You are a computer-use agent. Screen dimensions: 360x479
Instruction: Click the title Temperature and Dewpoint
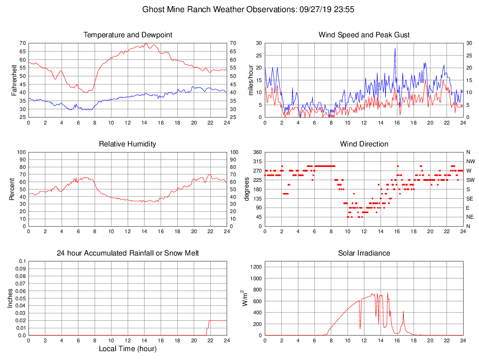pyautogui.click(x=128, y=35)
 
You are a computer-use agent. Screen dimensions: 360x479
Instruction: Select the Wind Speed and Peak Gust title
pyautogui.click(x=364, y=35)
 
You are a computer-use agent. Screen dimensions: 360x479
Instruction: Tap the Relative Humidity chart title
pyautogui.click(x=128, y=144)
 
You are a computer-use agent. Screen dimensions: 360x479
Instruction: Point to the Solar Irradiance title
pyautogui.click(x=364, y=253)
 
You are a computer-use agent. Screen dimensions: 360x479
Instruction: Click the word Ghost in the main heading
pyautogui.click(x=153, y=9)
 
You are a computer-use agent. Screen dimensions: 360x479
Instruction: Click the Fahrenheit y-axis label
pyautogui.click(x=14, y=80)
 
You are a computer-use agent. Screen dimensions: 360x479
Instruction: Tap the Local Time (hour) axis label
pyautogui.click(x=128, y=349)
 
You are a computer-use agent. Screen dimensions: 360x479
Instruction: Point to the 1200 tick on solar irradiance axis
pyautogui.click(x=256, y=267)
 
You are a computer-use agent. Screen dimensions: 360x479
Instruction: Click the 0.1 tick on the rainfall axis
pyautogui.click(x=22, y=261)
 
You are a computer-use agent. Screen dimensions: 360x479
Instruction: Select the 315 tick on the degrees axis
pyautogui.click(x=257, y=161)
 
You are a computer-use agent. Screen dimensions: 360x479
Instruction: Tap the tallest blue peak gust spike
pyautogui.click(x=395, y=48)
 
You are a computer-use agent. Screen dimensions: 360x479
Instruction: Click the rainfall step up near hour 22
pyautogui.click(x=208, y=321)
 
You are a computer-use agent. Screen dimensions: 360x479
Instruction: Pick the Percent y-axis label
pyautogui.click(x=13, y=189)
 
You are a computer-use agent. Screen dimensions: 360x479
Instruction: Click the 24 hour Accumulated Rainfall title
pyautogui.click(x=128, y=253)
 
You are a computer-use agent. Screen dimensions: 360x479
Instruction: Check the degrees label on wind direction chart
pyautogui.click(x=247, y=189)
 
